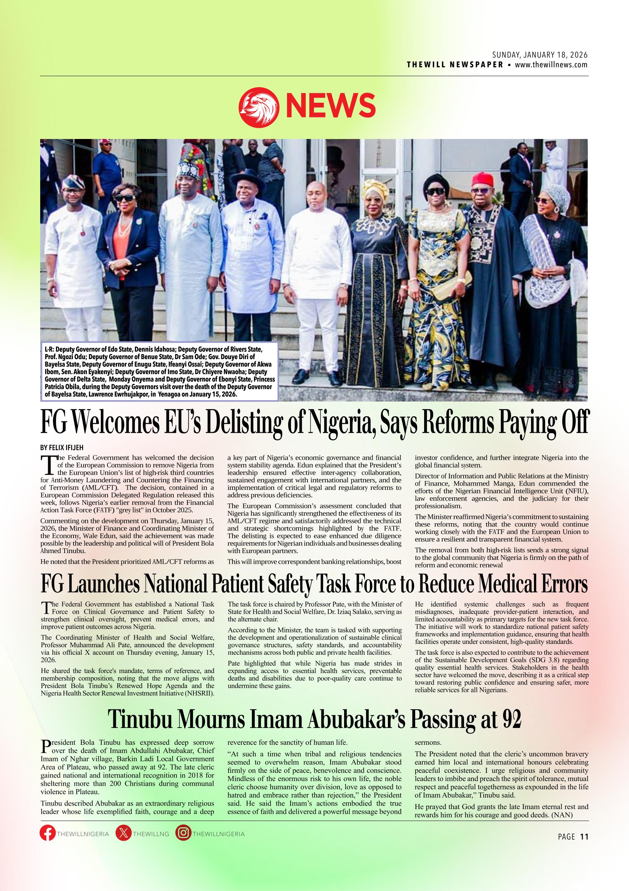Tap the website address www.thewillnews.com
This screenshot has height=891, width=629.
[551, 65]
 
